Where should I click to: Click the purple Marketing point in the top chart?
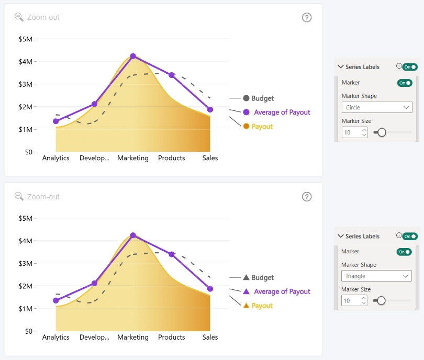133,56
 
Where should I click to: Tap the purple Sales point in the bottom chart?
210,289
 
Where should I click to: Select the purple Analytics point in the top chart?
55,121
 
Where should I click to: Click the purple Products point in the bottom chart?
172,254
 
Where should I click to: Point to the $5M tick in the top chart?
26,39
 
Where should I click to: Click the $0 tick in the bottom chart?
29,331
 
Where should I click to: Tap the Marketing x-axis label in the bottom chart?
133,337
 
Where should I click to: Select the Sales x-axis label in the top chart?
210,158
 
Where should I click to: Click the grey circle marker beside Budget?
246,98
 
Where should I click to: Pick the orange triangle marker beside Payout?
246,306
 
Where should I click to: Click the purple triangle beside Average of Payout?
246,291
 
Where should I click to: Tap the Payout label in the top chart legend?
262,127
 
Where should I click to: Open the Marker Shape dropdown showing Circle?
377,107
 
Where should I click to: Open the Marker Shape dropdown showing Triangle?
376,276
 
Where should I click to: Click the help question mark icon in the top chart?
307,18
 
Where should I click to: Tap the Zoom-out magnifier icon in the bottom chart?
19,197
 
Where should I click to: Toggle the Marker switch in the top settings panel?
405,83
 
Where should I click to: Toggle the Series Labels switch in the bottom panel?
410,237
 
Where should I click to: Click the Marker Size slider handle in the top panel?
382,132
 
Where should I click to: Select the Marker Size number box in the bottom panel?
354,300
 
